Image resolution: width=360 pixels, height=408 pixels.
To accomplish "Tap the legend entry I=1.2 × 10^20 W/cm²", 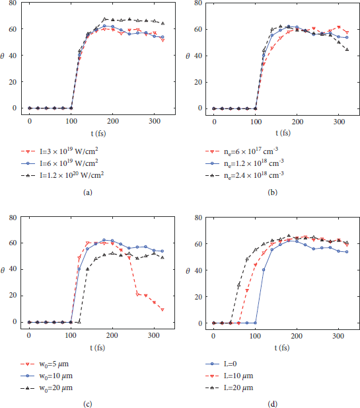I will pos(66,174).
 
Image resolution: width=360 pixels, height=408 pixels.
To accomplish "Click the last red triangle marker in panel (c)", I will pos(162,309).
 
